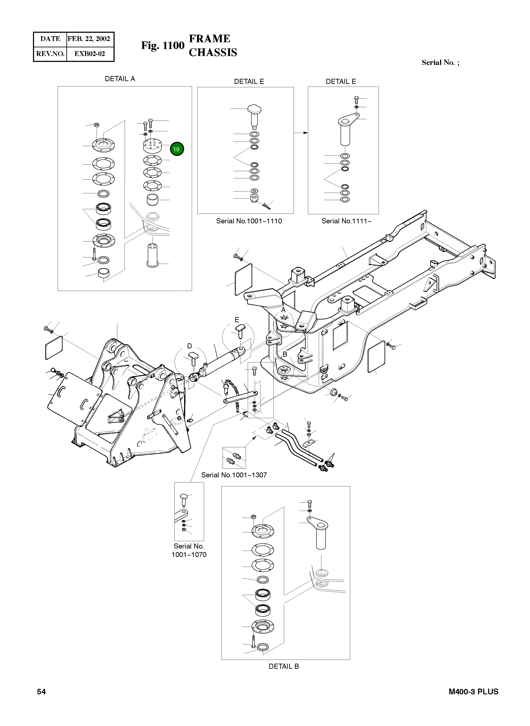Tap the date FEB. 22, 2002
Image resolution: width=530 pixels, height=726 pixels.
89,39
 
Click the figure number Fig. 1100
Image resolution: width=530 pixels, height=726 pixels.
163,46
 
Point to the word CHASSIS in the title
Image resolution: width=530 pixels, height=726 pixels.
213,53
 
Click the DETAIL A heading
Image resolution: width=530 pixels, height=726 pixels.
120,79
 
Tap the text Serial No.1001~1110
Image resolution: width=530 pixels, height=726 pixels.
249,221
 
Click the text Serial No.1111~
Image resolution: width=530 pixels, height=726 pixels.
346,221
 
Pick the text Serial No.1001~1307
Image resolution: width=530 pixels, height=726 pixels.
234,475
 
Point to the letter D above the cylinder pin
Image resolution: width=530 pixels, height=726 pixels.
190,346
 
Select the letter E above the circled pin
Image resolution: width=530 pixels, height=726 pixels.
237,320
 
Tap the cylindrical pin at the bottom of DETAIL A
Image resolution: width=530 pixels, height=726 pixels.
152,255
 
